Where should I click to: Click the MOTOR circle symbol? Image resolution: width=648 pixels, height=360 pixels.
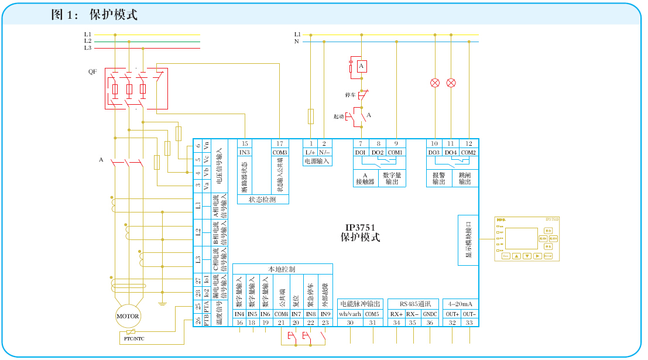[x=128, y=316]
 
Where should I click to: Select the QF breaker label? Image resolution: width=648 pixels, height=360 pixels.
[x=92, y=72]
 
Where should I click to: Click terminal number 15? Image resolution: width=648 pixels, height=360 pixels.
[x=245, y=143]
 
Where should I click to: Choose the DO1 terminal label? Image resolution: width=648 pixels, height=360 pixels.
[x=361, y=153]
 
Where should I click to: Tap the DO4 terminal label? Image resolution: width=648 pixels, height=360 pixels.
[x=451, y=153]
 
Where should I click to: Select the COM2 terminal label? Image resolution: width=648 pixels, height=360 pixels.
[x=469, y=153]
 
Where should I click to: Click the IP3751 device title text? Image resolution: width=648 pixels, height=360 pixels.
[x=360, y=228]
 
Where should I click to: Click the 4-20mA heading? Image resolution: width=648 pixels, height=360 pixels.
[x=460, y=304]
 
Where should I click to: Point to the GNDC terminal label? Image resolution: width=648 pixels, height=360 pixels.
[x=430, y=314]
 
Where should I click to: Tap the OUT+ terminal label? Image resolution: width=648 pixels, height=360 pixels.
[x=452, y=314]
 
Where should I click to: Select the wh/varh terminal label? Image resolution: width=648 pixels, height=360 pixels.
[x=350, y=314]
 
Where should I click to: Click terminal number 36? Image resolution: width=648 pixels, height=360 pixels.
[x=430, y=323]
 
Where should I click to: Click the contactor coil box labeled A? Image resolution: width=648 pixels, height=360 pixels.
[x=362, y=66]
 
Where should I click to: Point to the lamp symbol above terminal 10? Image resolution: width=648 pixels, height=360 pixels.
[x=435, y=83]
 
